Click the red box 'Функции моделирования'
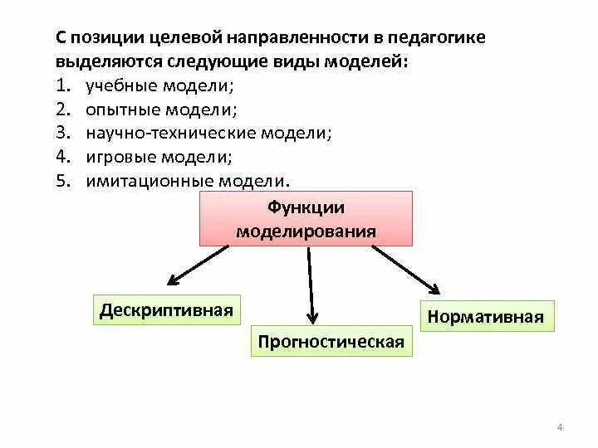click(x=306, y=218)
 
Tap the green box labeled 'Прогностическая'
click(x=331, y=341)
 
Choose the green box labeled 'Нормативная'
click(x=486, y=316)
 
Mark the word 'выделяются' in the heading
click(x=100, y=62)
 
